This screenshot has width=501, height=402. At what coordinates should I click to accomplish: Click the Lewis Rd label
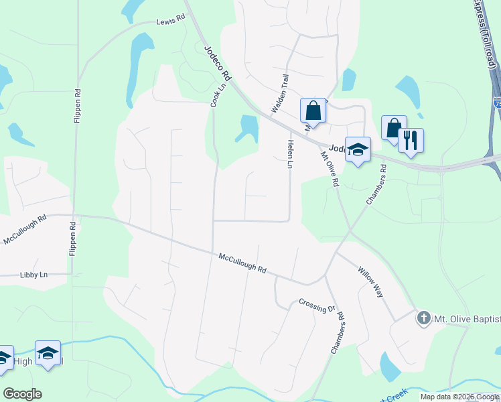[x=170, y=21]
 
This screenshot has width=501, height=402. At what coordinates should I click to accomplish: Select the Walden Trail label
[x=279, y=93]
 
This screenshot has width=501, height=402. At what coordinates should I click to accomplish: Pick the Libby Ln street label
[x=33, y=275]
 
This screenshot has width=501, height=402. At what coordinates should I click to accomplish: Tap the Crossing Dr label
[x=317, y=306]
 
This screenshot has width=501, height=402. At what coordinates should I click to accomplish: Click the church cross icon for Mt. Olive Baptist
[x=423, y=318]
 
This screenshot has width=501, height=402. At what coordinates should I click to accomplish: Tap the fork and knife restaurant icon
[x=411, y=140]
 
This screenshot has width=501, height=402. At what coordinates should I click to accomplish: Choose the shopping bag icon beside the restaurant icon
[x=394, y=127]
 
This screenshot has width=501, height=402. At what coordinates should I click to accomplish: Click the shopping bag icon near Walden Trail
[x=313, y=109]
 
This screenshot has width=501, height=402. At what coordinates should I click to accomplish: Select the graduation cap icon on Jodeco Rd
[x=358, y=150]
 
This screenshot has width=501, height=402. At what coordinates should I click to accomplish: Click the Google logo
[x=22, y=394]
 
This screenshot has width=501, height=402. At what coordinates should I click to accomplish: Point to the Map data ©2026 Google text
[x=459, y=397]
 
